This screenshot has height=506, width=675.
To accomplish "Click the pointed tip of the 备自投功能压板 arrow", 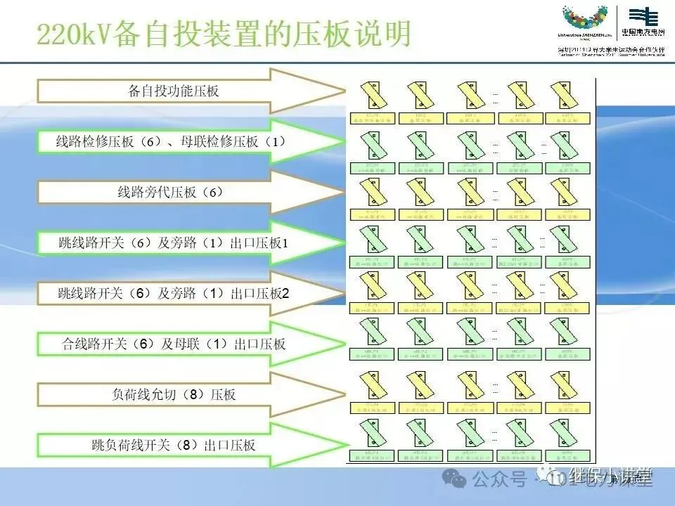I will [340, 91].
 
